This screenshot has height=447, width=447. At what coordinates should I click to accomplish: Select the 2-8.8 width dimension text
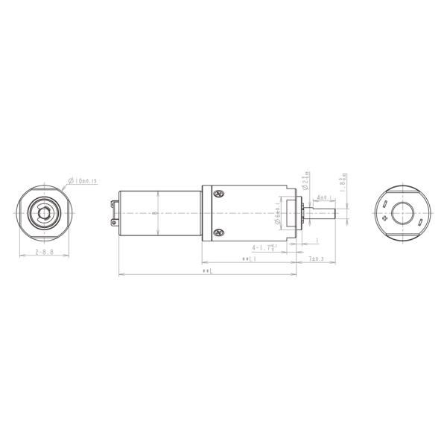tap(45, 253)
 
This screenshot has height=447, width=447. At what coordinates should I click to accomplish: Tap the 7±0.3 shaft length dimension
tap(317, 259)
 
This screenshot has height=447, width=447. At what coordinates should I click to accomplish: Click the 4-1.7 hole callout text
tap(265, 247)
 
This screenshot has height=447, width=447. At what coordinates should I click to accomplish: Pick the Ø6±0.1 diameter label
tap(277, 215)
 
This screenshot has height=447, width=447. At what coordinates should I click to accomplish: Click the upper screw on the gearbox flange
tap(219, 194)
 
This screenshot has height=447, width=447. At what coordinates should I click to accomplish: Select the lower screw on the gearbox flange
tap(219, 233)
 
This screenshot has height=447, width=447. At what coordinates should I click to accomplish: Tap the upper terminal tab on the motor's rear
tap(115, 201)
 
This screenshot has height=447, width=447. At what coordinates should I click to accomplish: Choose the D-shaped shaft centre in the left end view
tap(44, 214)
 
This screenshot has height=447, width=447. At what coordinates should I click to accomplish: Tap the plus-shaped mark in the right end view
tap(384, 218)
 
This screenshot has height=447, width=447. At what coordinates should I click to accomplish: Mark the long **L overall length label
tap(208, 271)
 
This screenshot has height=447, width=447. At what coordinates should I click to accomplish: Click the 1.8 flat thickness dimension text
tap(343, 183)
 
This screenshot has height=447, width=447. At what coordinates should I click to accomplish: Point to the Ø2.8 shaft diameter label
tap(306, 181)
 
